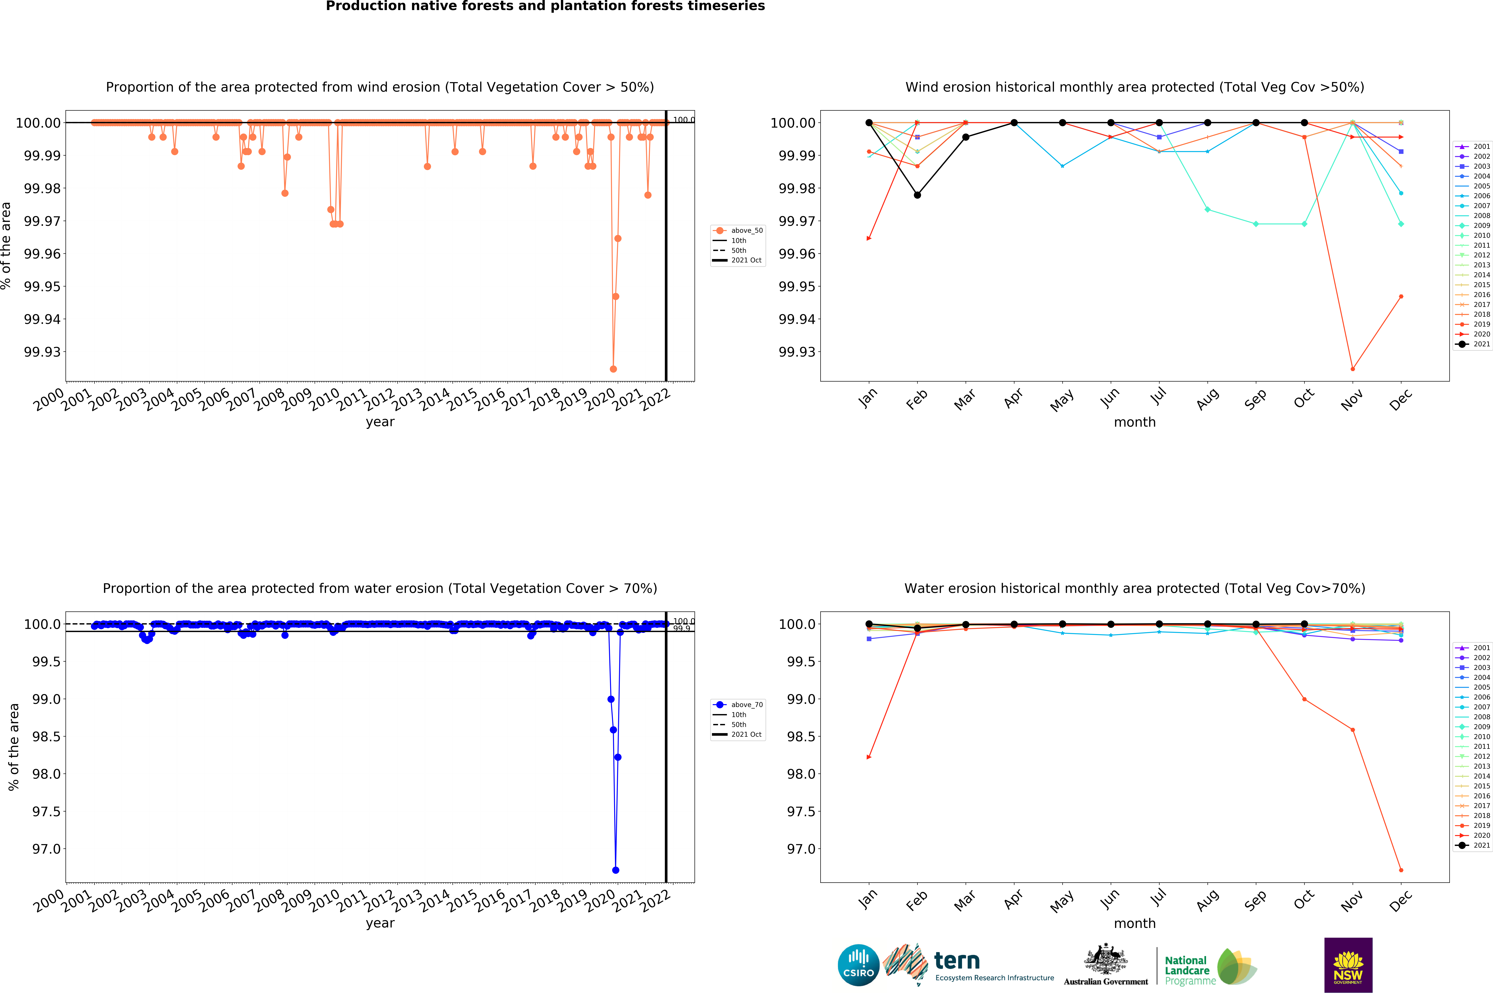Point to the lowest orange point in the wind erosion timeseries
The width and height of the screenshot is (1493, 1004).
click(613, 369)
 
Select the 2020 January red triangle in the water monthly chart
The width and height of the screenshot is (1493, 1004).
click(868, 757)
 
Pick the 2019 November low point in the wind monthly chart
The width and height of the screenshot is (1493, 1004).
click(1352, 369)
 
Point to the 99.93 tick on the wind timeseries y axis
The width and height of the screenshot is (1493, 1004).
click(42, 352)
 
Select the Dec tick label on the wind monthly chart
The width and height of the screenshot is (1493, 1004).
click(1400, 400)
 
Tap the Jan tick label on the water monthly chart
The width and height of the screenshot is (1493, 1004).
click(867, 900)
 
